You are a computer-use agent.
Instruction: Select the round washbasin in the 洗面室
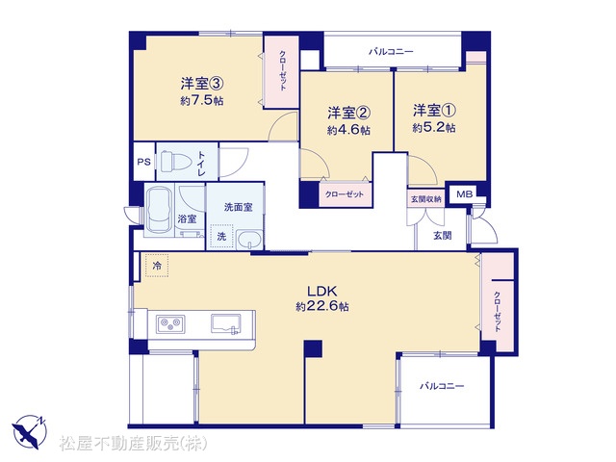tap(249, 240)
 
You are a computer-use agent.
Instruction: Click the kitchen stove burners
tap(170, 324)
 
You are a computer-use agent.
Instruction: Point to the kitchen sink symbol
tap(226, 323)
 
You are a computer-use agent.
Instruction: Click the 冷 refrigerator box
tap(157, 266)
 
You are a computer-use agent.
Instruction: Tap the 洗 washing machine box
tap(221, 236)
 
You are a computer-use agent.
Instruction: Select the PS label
tap(143, 162)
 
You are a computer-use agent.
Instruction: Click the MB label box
tap(464, 193)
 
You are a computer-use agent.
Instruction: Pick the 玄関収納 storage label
tap(425, 199)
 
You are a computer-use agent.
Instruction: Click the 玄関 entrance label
tap(443, 236)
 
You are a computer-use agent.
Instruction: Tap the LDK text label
tap(322, 291)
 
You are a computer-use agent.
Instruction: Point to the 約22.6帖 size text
tap(322, 306)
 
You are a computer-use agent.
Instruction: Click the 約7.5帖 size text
tap(202, 100)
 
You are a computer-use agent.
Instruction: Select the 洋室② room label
tap(348, 114)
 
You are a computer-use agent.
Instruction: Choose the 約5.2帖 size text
tap(434, 128)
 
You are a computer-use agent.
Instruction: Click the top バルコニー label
tap(391, 51)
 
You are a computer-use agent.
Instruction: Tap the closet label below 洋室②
tap(345, 194)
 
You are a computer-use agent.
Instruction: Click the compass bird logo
tap(30, 432)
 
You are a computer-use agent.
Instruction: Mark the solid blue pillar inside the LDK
tap(313, 348)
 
